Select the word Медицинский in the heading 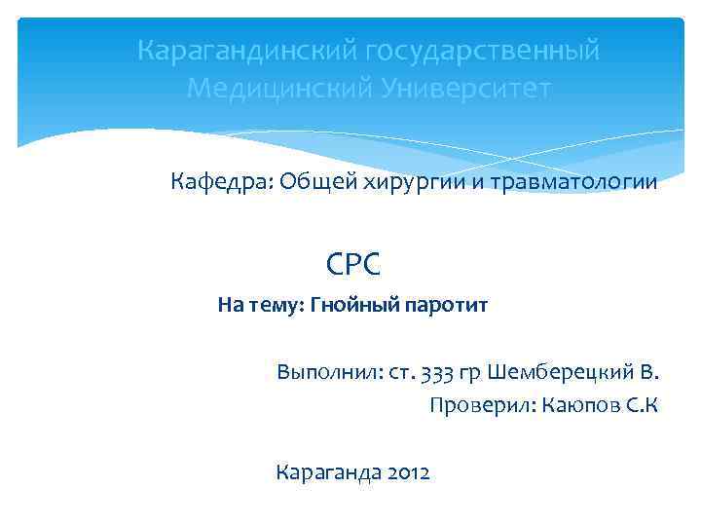pyautogui.click(x=273, y=89)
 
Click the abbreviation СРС pyautogui.click(x=353, y=262)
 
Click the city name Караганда pyautogui.click(x=328, y=473)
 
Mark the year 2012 pyautogui.click(x=408, y=473)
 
